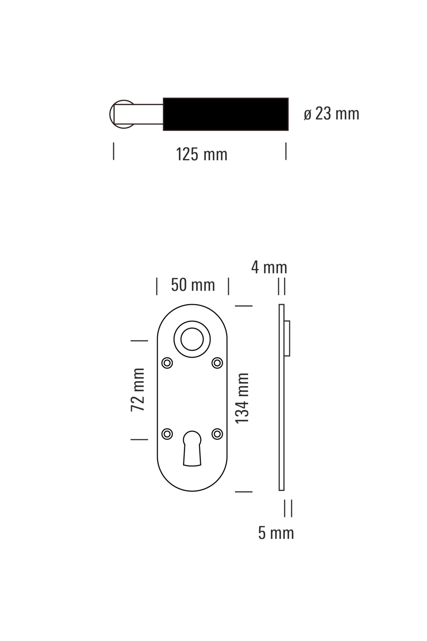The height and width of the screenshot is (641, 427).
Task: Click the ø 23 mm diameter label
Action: coord(331,114)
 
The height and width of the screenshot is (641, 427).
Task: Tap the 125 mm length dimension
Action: coord(202,154)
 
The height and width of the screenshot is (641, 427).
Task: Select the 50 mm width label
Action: coord(193,285)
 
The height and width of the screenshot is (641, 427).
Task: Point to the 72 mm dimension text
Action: coord(137,390)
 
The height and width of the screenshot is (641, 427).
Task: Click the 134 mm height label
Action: coord(242,398)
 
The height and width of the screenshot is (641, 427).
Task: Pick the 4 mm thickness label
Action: coord(269,268)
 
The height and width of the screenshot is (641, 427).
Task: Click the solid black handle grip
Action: coord(225,114)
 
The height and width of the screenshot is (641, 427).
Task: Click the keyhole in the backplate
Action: coord(192,448)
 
